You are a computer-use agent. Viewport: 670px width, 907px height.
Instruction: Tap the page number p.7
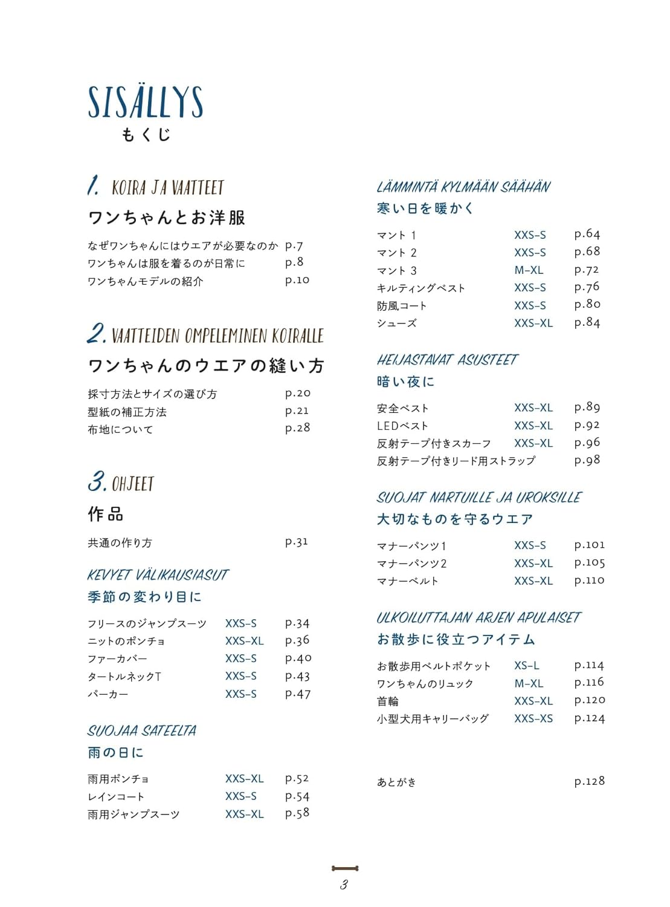[x=294, y=245]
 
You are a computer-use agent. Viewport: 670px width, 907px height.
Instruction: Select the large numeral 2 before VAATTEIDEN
[x=97, y=333]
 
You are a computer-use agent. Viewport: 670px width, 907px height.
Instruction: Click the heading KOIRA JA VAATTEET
[x=167, y=187]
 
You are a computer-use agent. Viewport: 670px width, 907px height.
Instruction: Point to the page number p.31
[x=297, y=542]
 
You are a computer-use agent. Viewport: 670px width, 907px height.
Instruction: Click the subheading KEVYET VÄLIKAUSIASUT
[x=158, y=574]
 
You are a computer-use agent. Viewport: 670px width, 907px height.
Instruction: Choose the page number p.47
[x=298, y=694]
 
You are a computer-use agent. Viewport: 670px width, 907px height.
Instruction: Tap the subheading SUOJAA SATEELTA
[x=142, y=730]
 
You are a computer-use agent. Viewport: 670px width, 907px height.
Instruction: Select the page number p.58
[x=297, y=814]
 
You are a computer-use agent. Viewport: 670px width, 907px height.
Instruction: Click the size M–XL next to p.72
[x=529, y=270]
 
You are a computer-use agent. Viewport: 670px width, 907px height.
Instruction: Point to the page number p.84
[x=587, y=323]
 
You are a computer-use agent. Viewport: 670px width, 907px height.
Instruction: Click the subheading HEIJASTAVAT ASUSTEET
[x=447, y=360]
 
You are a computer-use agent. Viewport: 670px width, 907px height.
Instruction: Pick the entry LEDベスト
[x=402, y=426]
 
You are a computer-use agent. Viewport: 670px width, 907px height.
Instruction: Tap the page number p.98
[x=587, y=460]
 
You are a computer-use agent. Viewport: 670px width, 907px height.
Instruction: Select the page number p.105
[x=590, y=563]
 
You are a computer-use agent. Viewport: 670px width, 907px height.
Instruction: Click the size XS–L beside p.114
[x=527, y=666]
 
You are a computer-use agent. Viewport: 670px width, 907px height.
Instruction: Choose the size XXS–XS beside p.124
[x=533, y=718]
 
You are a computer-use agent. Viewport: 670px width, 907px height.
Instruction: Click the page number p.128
[x=590, y=781]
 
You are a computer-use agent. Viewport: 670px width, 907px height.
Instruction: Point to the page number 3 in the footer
[x=344, y=885]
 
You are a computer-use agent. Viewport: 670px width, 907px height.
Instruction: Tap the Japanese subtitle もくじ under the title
[x=146, y=134]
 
